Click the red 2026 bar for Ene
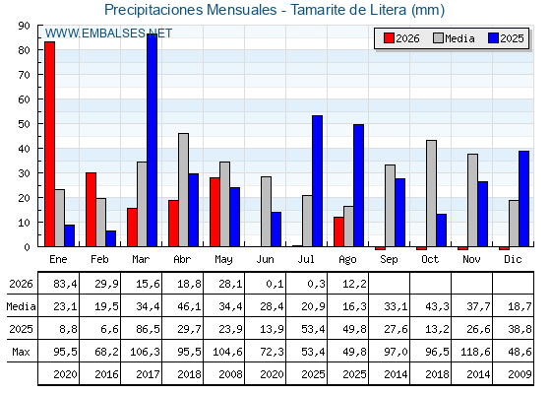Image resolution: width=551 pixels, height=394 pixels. pos(49,144)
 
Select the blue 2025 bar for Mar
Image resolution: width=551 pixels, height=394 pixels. pos(153,140)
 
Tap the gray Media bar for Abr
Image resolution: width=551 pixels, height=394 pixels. pos(183,190)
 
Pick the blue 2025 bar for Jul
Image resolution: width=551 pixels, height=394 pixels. pos(317,181)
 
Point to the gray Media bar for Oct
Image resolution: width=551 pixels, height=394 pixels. pos(431,193)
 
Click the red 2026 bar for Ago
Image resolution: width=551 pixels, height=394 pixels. pos(338,231)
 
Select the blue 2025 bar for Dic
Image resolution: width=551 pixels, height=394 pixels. pos(523,199)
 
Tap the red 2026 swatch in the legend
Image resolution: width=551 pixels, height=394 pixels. pos(389,38)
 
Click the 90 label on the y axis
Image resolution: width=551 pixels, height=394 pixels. pos(24,26)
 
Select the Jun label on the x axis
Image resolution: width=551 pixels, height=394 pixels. pos(265,260)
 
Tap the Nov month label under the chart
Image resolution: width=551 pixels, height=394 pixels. pos(471,260)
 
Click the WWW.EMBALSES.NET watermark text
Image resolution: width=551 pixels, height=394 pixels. pos(108,33)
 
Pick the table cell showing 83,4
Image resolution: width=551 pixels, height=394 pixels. pos(65,284)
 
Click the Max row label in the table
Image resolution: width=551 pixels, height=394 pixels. pos(21,352)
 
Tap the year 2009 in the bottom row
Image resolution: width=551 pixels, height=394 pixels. pos(520,374)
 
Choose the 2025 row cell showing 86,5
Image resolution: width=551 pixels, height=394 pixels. pos(148,329)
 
